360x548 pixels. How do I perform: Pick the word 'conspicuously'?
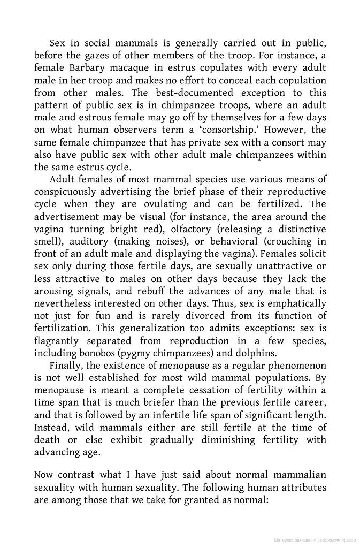(66, 192)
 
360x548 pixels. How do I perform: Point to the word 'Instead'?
(51, 428)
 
